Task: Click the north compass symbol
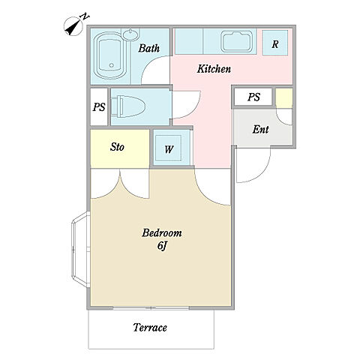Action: [x=75, y=25]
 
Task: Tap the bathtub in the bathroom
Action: [x=109, y=55]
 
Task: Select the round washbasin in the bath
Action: [x=131, y=34]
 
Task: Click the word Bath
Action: [x=149, y=48]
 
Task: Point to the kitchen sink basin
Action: [x=237, y=41]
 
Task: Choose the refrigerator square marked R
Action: [x=274, y=43]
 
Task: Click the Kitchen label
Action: [x=214, y=69]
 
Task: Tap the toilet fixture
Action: [x=127, y=106]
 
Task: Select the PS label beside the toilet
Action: [x=99, y=107]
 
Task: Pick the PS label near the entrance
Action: [x=253, y=97]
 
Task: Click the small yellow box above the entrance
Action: [x=284, y=98]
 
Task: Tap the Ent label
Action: [x=260, y=129]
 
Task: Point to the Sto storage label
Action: [x=117, y=147]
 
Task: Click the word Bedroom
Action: [x=162, y=232]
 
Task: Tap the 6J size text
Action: [x=162, y=245]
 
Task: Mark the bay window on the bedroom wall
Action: [x=80, y=250]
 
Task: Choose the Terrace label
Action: [x=150, y=327]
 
